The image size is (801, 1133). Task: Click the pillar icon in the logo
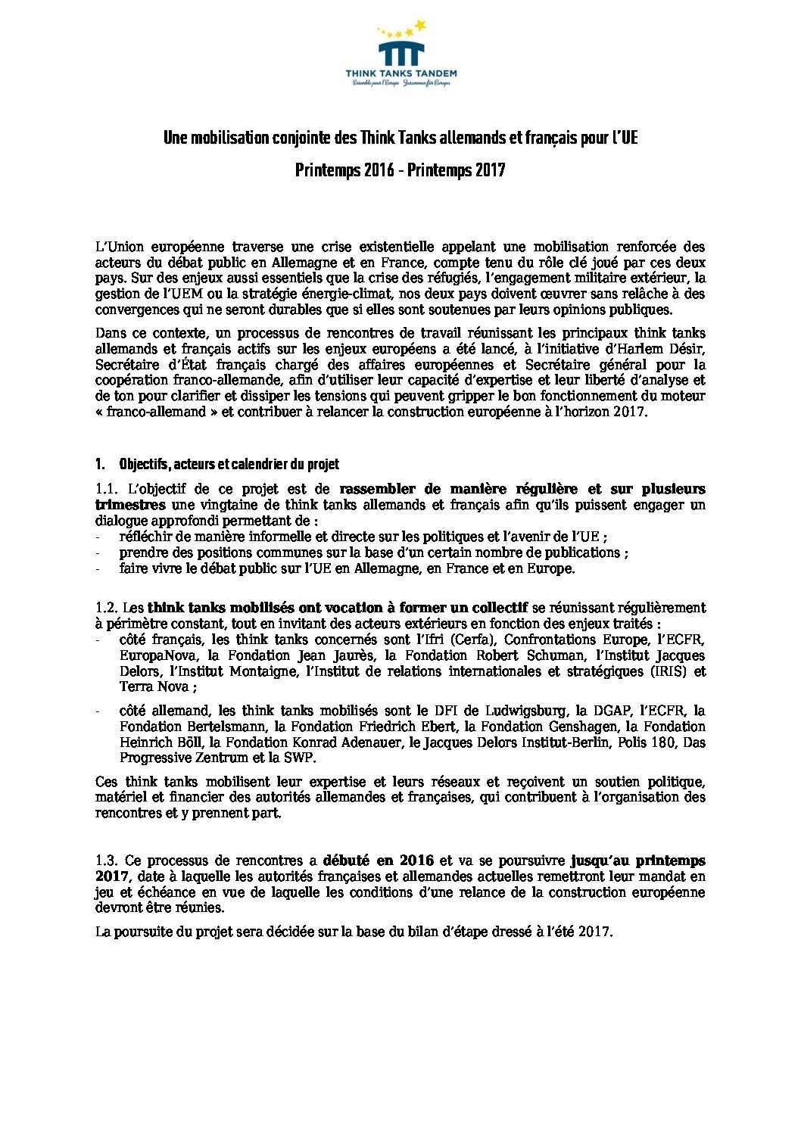click(x=400, y=54)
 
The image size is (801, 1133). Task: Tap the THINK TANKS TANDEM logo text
click(x=400, y=74)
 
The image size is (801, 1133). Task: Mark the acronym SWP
click(x=301, y=758)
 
